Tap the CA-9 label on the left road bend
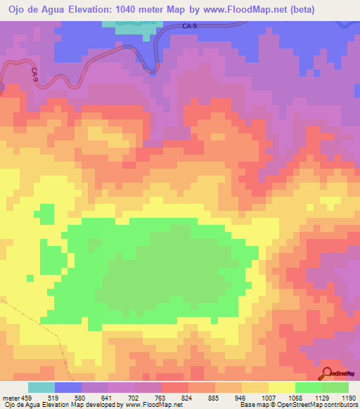coord(34,74)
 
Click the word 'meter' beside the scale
coord(8,396)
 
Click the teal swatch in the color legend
coord(41,387)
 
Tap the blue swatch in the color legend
coord(68,387)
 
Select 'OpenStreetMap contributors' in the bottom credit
coord(320,405)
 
